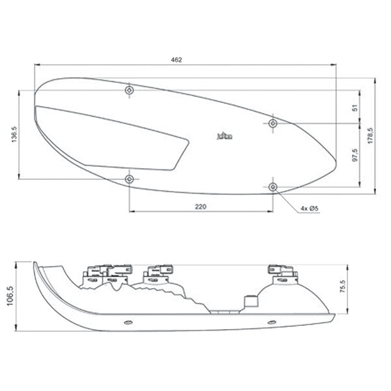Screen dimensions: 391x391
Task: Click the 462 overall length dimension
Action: [x=176, y=60]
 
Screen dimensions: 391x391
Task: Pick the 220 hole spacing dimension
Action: [x=201, y=207]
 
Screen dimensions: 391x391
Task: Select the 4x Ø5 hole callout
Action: [x=309, y=208]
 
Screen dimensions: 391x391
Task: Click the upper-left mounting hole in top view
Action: [x=130, y=89]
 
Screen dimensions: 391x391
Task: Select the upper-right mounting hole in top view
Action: [x=273, y=123]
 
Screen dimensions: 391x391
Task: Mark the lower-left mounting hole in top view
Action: [x=130, y=179]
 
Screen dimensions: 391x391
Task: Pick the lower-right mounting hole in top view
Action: [x=273, y=187]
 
